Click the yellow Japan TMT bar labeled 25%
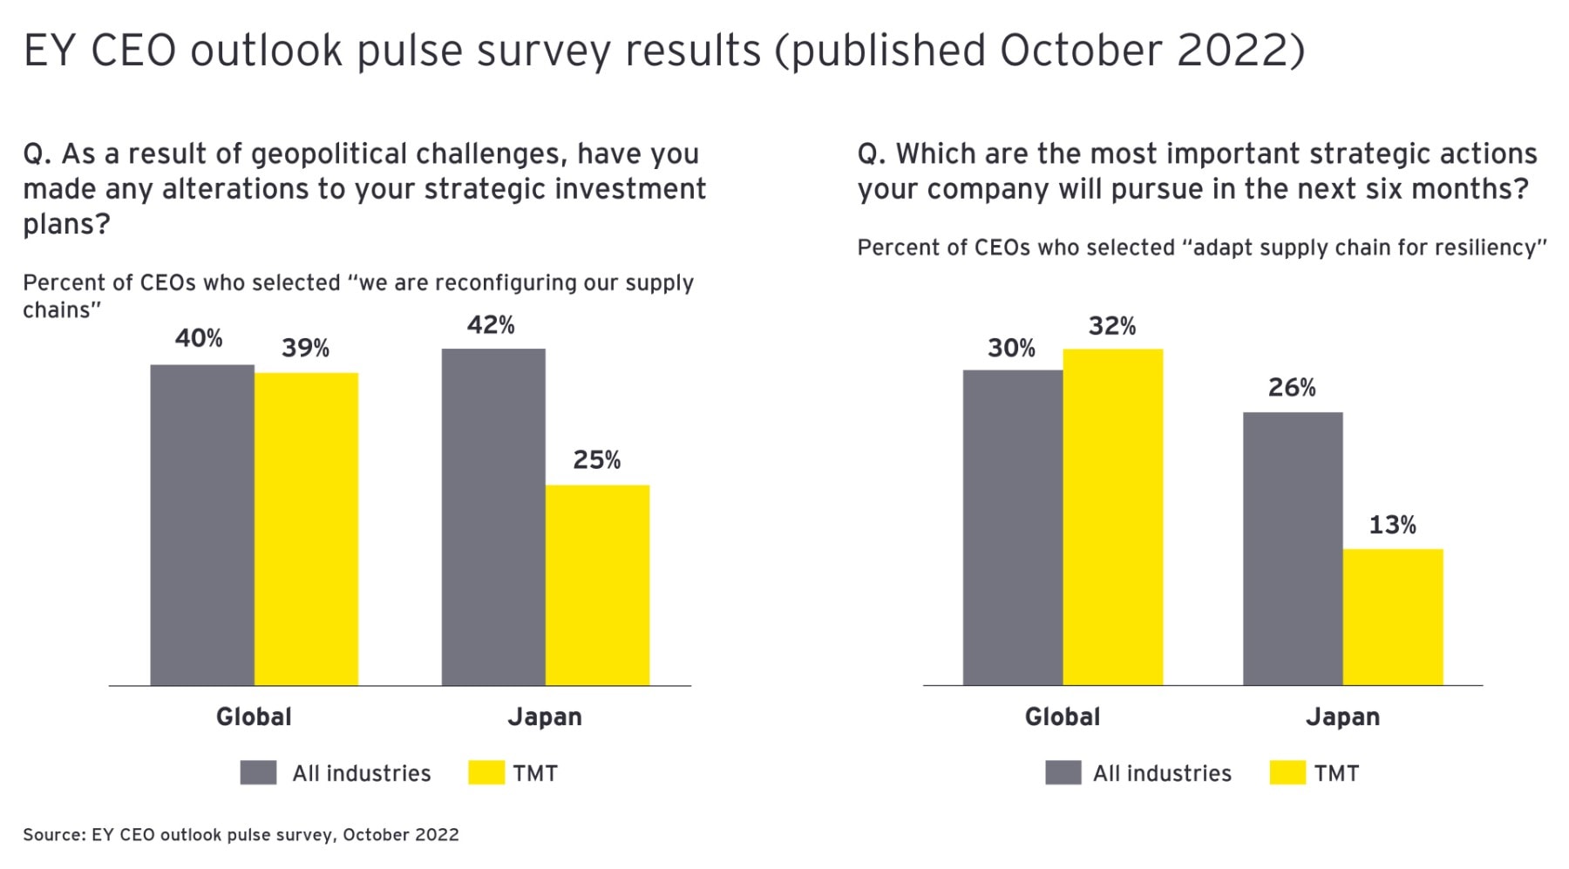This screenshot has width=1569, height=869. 597,585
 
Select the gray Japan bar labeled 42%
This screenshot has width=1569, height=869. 493,517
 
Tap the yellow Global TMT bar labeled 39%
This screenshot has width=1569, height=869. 306,529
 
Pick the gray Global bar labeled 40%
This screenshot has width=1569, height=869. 202,525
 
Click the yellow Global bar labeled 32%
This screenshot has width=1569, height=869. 1112,517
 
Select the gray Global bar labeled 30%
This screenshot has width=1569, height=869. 1013,527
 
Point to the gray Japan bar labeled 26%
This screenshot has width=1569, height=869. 1293,548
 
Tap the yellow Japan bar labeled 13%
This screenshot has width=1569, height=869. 1393,617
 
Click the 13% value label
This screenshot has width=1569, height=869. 1392,525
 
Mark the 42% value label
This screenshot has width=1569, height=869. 491,325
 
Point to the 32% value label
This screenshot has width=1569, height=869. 1111,326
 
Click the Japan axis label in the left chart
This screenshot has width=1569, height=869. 545,717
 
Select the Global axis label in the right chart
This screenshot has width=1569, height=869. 1062,717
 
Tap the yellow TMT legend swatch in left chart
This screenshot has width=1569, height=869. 486,773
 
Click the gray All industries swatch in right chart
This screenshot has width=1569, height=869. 1063,773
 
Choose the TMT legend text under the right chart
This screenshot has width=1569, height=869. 1336,773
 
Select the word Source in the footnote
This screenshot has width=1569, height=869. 51,835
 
